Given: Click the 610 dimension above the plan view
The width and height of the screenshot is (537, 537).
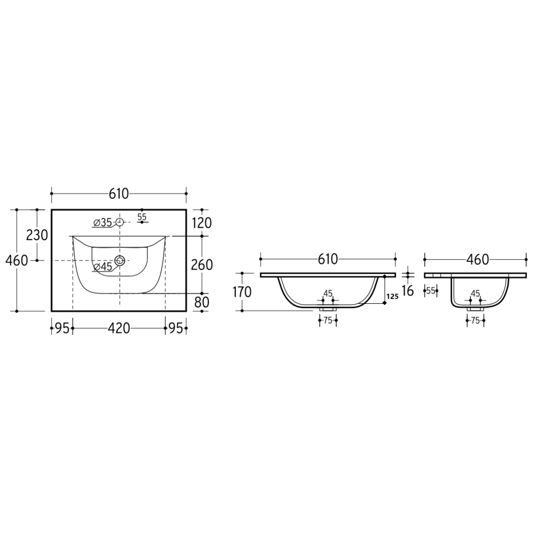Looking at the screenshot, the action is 119,194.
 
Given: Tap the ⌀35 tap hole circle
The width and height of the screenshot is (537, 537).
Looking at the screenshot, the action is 119,222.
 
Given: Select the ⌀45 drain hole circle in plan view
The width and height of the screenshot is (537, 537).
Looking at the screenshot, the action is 120,260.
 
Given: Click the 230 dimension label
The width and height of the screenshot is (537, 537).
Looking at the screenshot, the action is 37,235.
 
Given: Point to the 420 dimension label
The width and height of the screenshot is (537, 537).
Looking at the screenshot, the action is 119,329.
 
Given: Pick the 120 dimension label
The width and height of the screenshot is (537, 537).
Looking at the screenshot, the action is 202,223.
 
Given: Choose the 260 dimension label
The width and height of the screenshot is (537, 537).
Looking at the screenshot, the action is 202,265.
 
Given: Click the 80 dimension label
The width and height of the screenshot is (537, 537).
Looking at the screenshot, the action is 202,302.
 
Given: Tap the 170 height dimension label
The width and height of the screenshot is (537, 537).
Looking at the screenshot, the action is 242,292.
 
